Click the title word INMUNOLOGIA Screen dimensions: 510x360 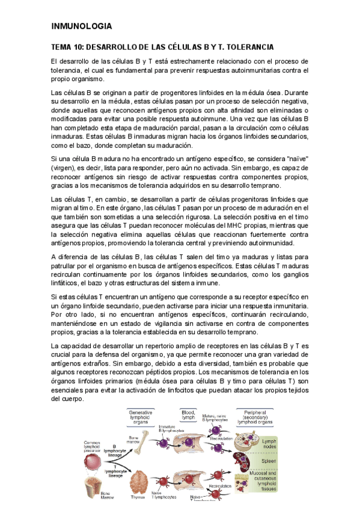point(82,26)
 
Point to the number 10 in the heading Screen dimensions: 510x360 point(79,47)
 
